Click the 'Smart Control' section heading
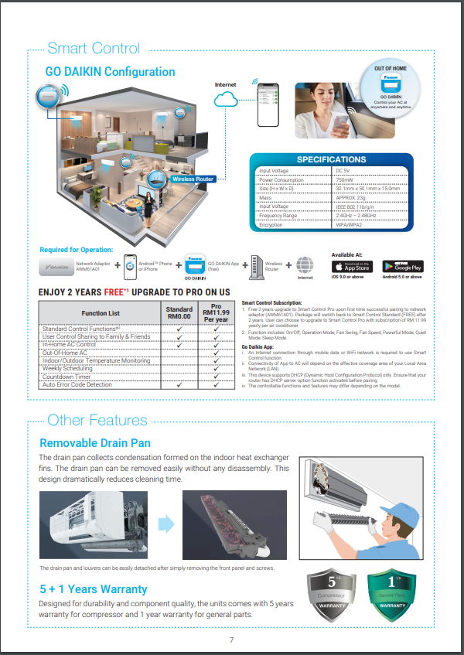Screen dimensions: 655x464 [93, 49]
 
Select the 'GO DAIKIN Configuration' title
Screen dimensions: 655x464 [110, 72]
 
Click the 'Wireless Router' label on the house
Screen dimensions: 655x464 [193, 179]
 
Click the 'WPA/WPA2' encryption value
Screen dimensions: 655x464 [352, 224]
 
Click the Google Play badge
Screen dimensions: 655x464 [402, 266]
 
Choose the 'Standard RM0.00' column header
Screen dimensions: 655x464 [179, 313]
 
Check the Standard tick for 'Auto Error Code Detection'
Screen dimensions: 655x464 [179, 384]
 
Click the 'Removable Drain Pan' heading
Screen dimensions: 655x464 [95, 443]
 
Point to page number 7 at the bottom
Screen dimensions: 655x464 [231, 640]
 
